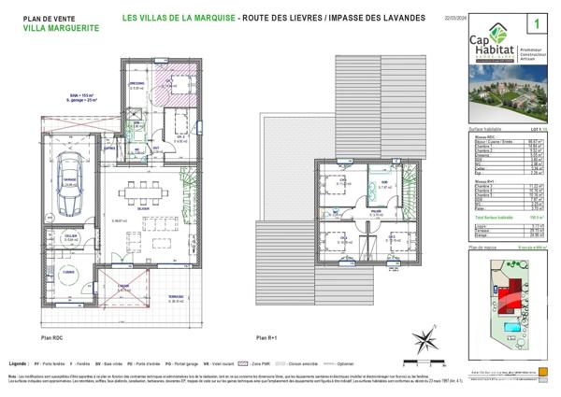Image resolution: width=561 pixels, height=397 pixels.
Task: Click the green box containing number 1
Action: [x=539, y=20]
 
